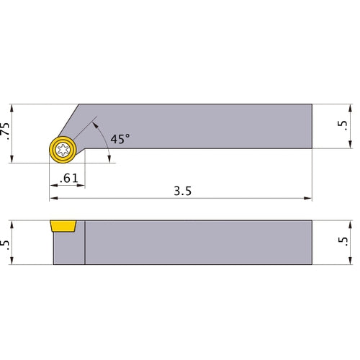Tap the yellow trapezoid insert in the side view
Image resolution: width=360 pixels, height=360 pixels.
click(63, 226)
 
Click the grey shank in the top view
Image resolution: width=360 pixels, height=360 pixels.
click(216, 127)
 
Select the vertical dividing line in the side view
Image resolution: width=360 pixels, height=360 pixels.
click(85, 243)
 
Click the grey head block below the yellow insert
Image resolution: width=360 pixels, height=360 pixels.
click(68, 251)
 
